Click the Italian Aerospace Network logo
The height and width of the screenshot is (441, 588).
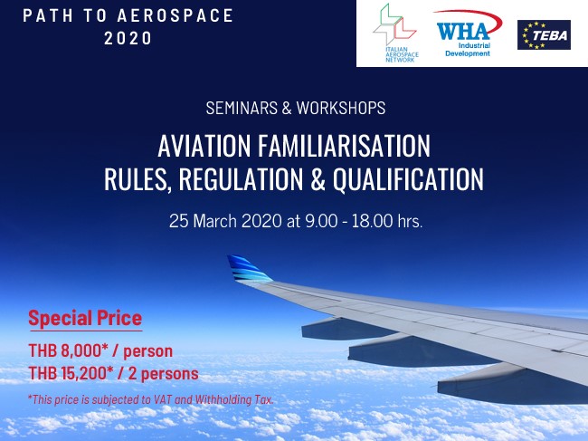coord(395,33)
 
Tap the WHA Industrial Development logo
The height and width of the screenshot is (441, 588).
coord(468,34)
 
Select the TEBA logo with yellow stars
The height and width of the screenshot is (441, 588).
coord(544,35)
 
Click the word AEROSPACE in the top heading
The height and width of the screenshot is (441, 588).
coord(175,15)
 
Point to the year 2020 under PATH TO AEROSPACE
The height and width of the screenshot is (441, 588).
coord(128,38)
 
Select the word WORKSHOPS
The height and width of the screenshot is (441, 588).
coord(341,108)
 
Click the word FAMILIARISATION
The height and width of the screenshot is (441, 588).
coord(344,146)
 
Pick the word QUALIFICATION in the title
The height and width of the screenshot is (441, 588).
coord(408,180)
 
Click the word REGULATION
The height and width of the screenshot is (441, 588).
coord(242,179)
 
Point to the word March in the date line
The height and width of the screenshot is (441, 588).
coord(215,221)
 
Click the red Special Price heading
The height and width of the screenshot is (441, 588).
coord(86,319)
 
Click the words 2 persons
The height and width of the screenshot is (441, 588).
coord(163,374)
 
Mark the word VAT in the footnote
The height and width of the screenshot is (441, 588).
coord(163,399)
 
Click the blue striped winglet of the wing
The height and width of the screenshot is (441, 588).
coord(249,269)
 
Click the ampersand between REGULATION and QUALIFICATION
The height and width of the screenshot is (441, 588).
coord(318,179)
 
